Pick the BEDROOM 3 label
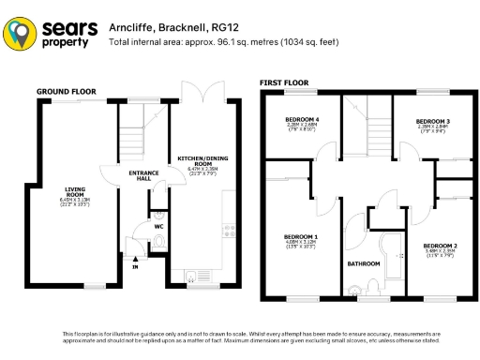tap(433, 122)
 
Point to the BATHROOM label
tap(363, 263)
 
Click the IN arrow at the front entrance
tap(134, 265)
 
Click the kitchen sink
tap(194, 275)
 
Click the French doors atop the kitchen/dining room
tap(202, 94)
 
